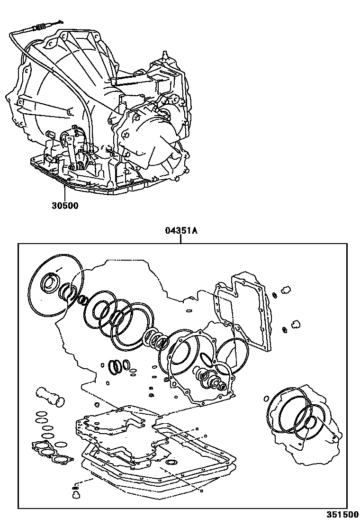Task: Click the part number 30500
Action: click(x=65, y=205)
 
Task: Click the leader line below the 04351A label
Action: click(x=180, y=239)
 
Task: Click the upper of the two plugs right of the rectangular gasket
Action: click(x=286, y=289)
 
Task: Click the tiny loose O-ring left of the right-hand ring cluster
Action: click(x=265, y=399)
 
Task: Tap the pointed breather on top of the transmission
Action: click(x=164, y=56)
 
